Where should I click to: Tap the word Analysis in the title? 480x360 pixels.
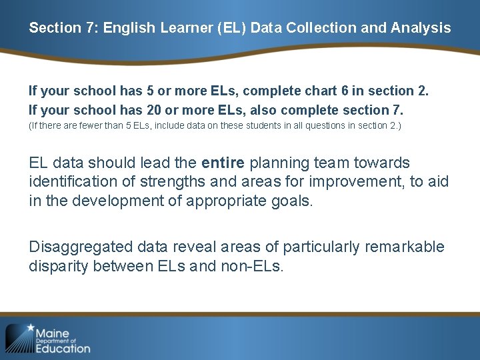pos(421,28)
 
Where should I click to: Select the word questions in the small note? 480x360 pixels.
pos(331,125)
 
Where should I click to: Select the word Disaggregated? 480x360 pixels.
pos(81,247)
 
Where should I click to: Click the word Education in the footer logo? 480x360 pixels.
pos(63,347)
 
